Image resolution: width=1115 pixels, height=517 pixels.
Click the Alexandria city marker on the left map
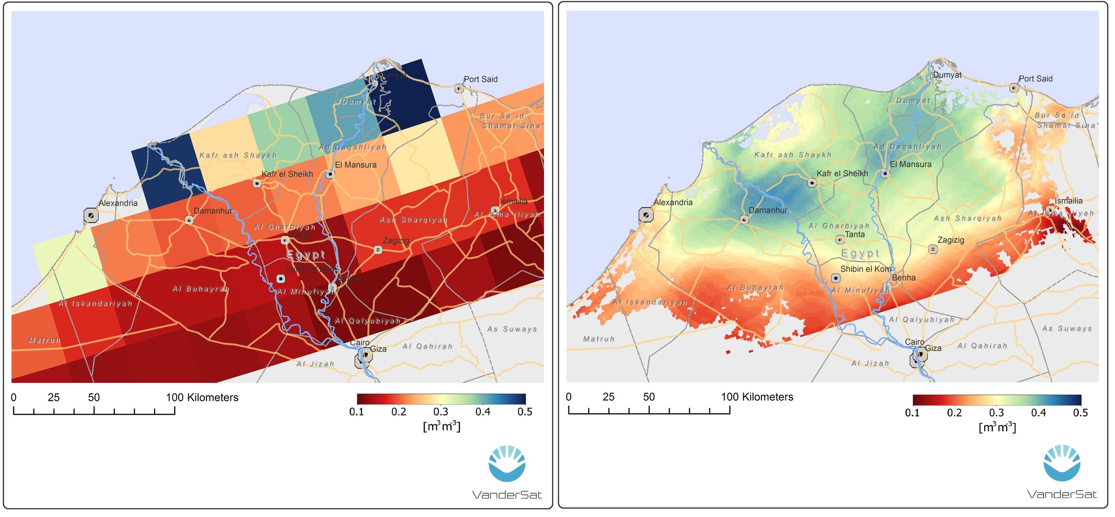91,215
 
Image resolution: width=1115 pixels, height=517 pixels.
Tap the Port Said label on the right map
1035,79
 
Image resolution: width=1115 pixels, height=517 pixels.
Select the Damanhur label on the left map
213,211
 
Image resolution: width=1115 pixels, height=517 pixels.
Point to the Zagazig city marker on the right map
933,249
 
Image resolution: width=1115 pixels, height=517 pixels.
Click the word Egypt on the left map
306,254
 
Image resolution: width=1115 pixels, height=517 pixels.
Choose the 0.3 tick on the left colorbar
441,412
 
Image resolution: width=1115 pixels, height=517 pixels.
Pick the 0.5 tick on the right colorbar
1080,413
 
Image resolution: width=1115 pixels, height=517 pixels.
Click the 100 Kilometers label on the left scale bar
202,397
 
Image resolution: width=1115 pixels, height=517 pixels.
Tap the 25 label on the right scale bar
608,397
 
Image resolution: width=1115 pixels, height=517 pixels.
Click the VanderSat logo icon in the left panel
507,463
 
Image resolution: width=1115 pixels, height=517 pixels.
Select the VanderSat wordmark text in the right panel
1061,494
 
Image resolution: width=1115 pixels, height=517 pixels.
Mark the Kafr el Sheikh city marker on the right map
812,182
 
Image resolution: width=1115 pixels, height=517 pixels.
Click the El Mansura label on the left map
355,165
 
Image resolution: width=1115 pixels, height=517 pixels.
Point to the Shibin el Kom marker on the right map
835,278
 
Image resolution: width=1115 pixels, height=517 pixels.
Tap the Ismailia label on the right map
1068,201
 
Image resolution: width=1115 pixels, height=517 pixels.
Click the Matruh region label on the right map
598,339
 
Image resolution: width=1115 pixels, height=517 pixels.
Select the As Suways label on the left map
512,329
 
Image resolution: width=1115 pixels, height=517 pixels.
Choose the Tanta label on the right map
854,234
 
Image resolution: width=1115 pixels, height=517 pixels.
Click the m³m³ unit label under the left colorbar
441,426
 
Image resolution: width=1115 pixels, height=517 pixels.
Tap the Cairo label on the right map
914,342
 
